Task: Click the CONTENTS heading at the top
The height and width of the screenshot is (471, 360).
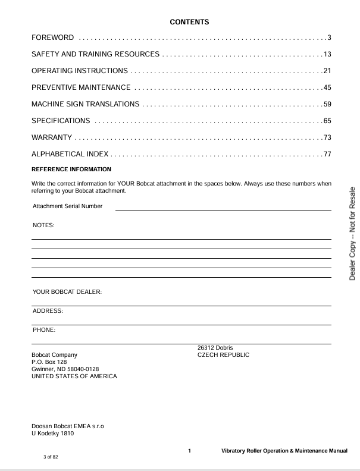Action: click(x=189, y=22)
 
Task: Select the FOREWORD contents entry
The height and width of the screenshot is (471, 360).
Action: click(x=53, y=38)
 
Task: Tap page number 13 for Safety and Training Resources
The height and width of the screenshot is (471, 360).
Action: click(x=327, y=55)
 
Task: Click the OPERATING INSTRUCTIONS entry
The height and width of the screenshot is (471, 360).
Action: click(x=79, y=71)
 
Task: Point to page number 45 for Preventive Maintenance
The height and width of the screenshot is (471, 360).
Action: click(x=327, y=88)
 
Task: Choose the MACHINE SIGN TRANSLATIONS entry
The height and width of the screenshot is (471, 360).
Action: click(x=85, y=105)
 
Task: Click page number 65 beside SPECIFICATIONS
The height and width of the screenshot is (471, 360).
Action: click(x=327, y=121)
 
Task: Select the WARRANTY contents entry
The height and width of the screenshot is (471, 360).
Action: click(x=52, y=138)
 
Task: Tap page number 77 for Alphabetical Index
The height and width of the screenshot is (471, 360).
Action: click(x=327, y=155)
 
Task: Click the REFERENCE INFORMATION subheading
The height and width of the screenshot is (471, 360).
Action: click(x=71, y=169)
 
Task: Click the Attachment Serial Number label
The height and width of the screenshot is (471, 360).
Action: click(x=67, y=206)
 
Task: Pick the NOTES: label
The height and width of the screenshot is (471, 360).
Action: click(x=43, y=225)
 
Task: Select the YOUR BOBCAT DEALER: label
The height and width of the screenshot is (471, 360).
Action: click(x=67, y=292)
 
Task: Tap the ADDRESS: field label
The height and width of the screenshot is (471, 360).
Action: click(x=48, y=311)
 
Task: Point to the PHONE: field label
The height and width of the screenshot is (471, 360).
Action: click(x=44, y=329)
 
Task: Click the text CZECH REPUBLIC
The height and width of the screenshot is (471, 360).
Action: click(x=223, y=355)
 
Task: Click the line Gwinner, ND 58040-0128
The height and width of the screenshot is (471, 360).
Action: click(x=65, y=369)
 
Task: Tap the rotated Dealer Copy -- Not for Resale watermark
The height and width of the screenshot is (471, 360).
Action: click(x=352, y=233)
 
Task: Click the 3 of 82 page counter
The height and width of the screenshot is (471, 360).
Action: click(x=51, y=457)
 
